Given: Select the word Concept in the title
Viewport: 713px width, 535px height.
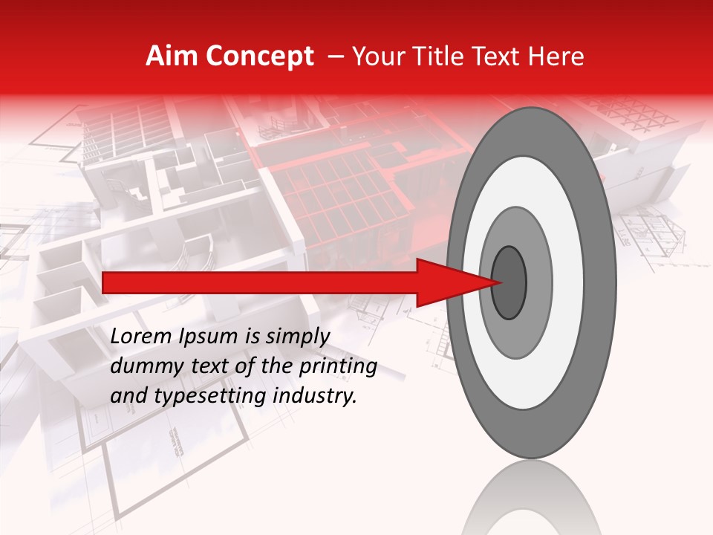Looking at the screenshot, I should pos(259,56).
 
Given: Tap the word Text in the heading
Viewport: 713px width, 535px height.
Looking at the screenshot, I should pos(500,56).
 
